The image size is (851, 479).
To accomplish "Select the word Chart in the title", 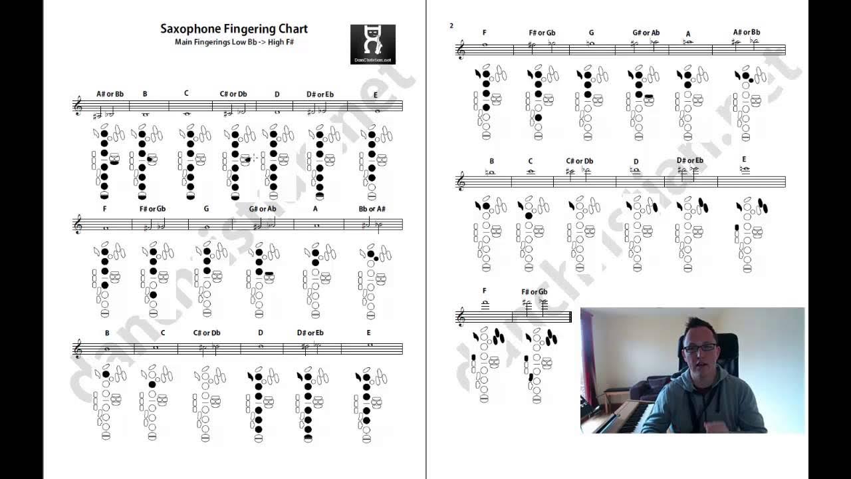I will pyautogui.click(x=293, y=29).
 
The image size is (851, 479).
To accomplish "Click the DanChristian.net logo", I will pyautogui.click(x=372, y=44).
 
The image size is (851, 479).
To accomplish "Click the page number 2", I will pyautogui.click(x=451, y=26).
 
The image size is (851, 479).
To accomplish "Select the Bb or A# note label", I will pyautogui.click(x=372, y=209).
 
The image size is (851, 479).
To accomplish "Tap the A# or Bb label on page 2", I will pyautogui.click(x=747, y=32).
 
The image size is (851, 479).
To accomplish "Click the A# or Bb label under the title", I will pyautogui.click(x=110, y=94).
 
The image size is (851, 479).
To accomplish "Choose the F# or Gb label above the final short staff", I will pyautogui.click(x=534, y=291).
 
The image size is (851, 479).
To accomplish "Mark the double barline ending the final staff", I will pyautogui.click(x=570, y=317).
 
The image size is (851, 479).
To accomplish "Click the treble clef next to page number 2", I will pyautogui.click(x=461, y=50).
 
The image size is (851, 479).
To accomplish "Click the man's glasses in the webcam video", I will pyautogui.click(x=699, y=347).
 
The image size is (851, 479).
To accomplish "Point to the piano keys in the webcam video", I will pyautogui.click(x=625, y=418).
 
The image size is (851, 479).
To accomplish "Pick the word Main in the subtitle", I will pyautogui.click(x=184, y=42).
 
